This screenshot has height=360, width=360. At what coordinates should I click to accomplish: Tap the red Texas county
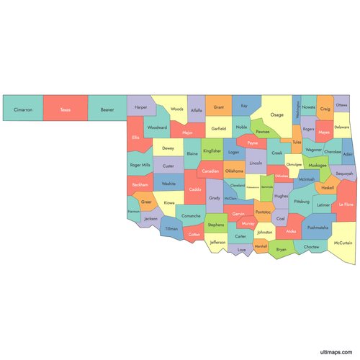coord(65,110)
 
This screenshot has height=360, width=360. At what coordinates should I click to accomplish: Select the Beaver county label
coord(107,110)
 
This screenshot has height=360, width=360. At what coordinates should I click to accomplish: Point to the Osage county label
coord(276,114)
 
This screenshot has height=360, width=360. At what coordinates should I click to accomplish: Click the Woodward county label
coord(156,127)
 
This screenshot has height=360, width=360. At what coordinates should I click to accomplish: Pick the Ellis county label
coord(135,138)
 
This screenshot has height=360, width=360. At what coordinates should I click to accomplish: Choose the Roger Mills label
coord(140,165)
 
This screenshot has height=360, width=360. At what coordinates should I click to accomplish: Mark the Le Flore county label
coord(346,204)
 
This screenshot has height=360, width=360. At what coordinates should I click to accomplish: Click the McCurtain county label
coord(343,243)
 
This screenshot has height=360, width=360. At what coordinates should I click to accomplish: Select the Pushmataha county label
coord(318,228)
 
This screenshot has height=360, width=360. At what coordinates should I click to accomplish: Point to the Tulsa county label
coord(297,142)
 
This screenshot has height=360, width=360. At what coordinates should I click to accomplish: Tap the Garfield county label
coord(219,128)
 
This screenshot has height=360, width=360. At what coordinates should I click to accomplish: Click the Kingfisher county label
coord(212,151)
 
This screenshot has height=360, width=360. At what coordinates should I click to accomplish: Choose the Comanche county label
coord(191,216)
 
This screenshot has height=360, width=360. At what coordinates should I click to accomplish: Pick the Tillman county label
coord(171,229)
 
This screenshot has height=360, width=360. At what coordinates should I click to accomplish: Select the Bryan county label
coord(281,249)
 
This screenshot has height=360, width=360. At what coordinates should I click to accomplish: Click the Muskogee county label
coord(318,165)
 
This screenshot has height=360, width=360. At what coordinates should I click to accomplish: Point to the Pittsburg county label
coord(301,202)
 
